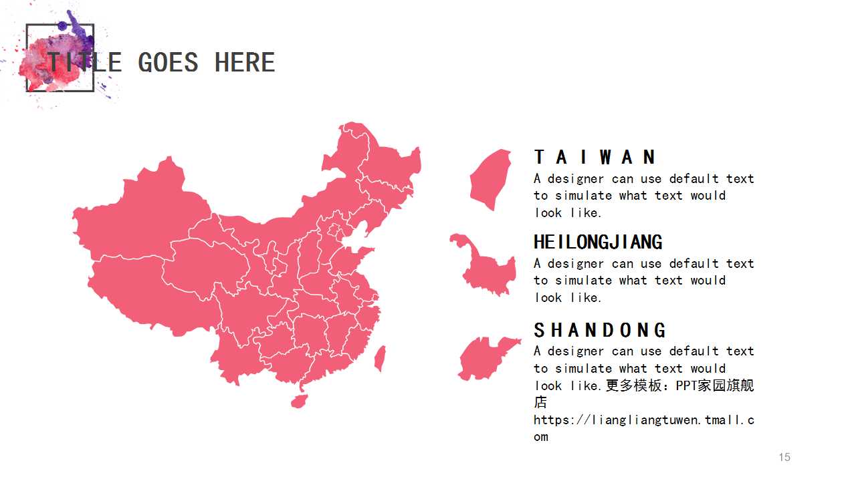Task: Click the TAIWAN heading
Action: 595,157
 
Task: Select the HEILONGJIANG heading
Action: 598,242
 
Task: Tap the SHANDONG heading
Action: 600,330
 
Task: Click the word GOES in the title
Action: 168,63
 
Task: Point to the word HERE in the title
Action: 245,63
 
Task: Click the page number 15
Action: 784,457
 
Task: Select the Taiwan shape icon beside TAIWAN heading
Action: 491,179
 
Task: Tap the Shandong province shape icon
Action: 487,358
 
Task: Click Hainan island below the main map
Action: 299,401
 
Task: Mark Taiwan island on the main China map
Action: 380,358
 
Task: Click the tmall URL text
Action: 643,420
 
